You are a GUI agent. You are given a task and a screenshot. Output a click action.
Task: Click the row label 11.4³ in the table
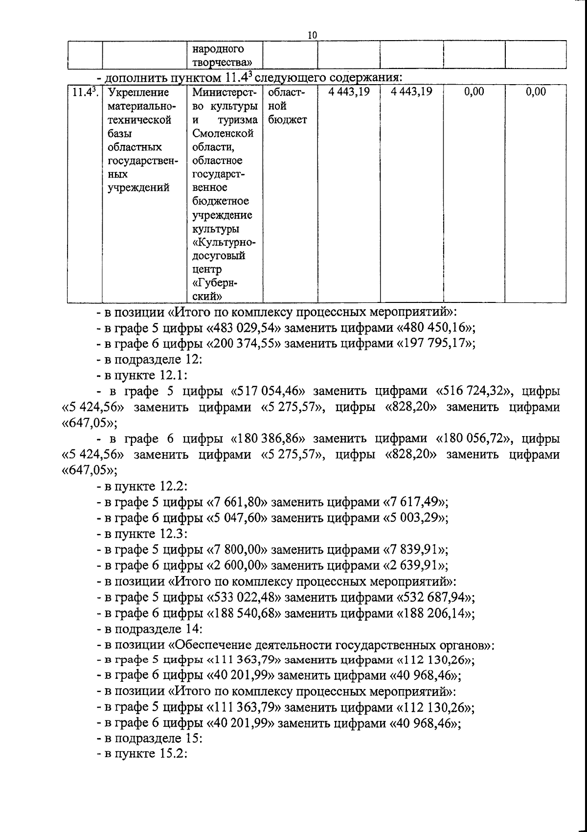point(84,92)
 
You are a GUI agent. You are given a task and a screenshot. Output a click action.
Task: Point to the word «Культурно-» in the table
point(224,242)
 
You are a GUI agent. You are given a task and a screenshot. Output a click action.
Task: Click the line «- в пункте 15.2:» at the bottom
point(142,754)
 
